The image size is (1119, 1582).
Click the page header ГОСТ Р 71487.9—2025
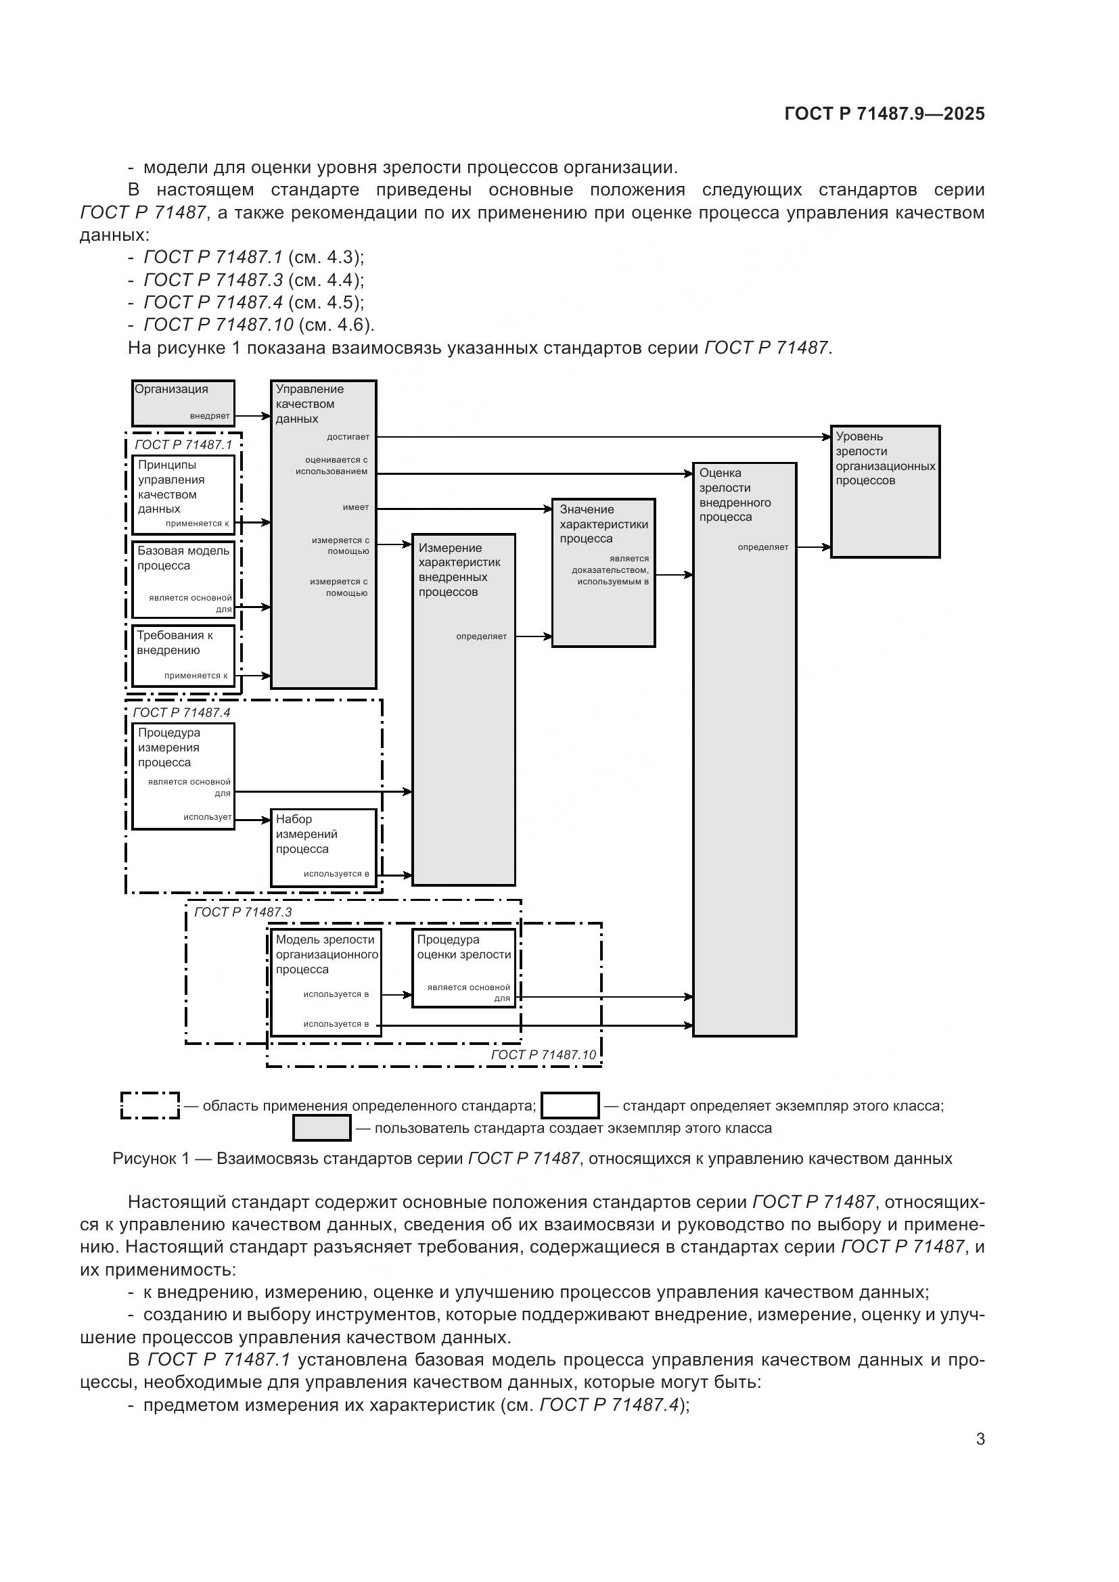tap(884, 114)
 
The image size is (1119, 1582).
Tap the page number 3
tap(980, 1439)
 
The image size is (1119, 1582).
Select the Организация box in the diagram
tap(183, 402)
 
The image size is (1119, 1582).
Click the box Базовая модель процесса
tap(183, 578)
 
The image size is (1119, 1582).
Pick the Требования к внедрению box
tap(183, 655)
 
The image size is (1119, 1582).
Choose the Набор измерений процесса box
tap(323, 847)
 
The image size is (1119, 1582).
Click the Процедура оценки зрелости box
tap(463, 967)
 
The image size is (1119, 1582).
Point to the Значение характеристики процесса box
tap(603, 572)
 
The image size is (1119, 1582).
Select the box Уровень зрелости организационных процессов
tap(885, 491)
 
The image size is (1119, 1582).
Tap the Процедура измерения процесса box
tap(183, 775)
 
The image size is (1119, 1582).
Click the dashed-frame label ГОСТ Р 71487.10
tap(543, 1054)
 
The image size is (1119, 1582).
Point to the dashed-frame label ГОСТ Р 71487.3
tap(243, 912)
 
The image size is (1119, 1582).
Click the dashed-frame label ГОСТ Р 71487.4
tap(181, 712)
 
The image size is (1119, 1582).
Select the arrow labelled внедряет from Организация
tap(252, 415)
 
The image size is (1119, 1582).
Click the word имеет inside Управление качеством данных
tap(356, 508)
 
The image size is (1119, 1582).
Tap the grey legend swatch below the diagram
tap(322, 1128)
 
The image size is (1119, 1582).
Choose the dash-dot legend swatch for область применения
tap(150, 1105)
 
